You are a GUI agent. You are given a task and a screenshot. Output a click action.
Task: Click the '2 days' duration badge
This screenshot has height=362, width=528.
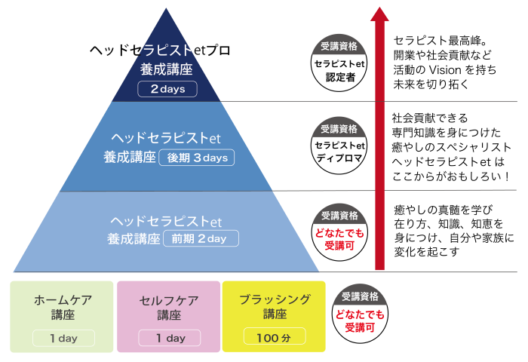pyautogui.click(x=167, y=89)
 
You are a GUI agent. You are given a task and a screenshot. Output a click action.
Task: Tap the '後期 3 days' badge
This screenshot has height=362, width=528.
pyautogui.click(x=197, y=158)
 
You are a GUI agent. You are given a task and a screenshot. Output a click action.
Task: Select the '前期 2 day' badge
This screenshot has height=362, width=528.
pyautogui.click(x=201, y=238)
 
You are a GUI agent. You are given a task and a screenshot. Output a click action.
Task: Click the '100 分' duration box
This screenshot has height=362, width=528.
pyautogui.click(x=275, y=336)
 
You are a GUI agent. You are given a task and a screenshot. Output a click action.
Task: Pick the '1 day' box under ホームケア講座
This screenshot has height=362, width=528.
pyautogui.click(x=63, y=338)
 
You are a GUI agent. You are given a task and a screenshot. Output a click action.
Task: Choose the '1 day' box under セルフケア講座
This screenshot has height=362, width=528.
pyautogui.click(x=170, y=338)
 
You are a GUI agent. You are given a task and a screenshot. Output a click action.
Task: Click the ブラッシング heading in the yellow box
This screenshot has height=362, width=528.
pyautogui.click(x=275, y=299)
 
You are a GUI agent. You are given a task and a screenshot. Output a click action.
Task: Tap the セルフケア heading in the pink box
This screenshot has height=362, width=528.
pyautogui.click(x=169, y=300)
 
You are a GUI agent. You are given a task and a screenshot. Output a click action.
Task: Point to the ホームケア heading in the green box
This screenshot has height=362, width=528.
pyautogui.click(x=63, y=299)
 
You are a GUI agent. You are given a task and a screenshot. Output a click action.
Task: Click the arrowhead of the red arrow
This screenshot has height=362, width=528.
pyautogui.click(x=379, y=14)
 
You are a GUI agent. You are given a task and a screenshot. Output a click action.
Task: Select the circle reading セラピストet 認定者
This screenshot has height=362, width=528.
pyautogui.click(x=339, y=63)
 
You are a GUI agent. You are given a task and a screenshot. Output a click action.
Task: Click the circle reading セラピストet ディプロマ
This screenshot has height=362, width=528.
pyautogui.click(x=339, y=146)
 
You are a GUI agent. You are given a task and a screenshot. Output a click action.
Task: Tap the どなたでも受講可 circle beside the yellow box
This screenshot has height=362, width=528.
pyautogui.click(x=360, y=313)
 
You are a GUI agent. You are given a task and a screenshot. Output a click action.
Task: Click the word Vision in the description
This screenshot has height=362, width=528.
pyautogui.click(x=445, y=70)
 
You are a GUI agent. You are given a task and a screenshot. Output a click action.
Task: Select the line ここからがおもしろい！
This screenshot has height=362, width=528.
pyautogui.click(x=451, y=176)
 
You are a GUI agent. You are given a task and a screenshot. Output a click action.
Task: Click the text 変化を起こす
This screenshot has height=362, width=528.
pyautogui.click(x=427, y=252)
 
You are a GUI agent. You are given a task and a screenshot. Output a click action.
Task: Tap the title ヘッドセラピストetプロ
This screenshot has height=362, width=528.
pyautogui.click(x=160, y=51)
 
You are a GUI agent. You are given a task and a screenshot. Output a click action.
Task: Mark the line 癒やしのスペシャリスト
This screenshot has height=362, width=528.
pyautogui.click(x=452, y=147)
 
